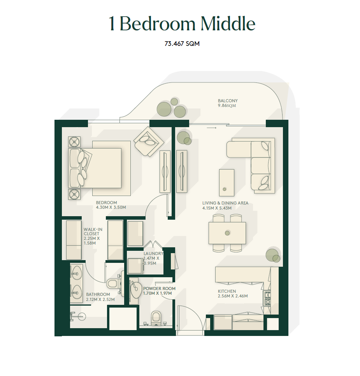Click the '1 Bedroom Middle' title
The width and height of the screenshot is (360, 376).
(182, 24)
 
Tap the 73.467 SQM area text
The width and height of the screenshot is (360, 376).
(182, 44)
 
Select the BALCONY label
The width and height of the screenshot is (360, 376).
(228, 101)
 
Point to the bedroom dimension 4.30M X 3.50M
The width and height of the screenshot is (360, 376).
(111, 207)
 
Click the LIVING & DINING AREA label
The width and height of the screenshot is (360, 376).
(225, 203)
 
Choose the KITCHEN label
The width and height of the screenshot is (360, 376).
(227, 291)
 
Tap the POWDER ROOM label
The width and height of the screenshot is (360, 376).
(159, 289)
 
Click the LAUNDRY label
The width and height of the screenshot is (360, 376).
(153, 254)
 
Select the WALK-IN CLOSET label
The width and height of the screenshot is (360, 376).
(93, 231)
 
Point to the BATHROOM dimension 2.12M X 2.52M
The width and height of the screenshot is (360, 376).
(100, 299)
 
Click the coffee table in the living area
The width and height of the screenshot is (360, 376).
(227, 183)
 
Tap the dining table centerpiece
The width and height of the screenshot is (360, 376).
(227, 233)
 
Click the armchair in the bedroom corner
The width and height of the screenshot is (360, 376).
(149, 142)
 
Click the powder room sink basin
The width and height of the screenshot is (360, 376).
(136, 289)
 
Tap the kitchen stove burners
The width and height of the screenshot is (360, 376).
(267, 298)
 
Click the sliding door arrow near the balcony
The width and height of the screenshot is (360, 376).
(211, 128)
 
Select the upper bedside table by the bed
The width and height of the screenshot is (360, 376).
(74, 142)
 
